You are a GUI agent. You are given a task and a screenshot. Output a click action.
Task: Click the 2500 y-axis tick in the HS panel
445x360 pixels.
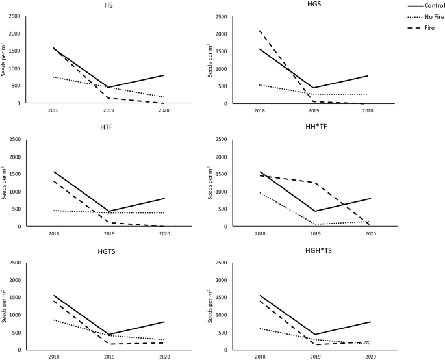[x=14, y=16]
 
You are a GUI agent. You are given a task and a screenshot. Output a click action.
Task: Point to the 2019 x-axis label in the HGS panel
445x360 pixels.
[x=314, y=110]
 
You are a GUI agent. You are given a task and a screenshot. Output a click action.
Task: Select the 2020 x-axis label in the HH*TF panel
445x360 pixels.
[x=368, y=233]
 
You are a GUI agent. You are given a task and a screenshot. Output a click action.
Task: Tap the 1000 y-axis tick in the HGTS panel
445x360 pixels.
[x=14, y=315]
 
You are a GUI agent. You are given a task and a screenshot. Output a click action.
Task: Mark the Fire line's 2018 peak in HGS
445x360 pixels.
[x=260, y=31]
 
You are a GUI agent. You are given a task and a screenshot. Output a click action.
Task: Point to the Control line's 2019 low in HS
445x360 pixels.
[x=108, y=87]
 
